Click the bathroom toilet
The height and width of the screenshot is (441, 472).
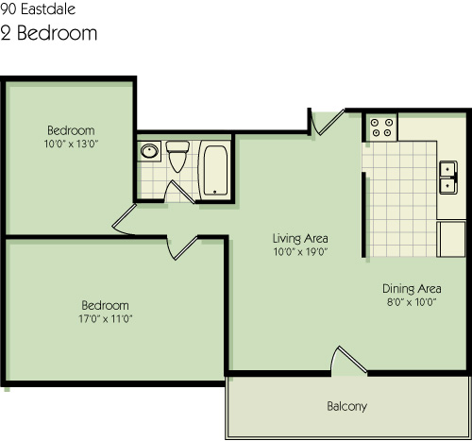coord(177,156)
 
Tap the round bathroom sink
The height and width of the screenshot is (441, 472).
coord(149,151)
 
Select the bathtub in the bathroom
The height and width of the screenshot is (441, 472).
coord(215,170)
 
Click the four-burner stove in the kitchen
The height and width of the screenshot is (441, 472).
coord(381,127)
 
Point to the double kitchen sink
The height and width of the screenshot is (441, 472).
coord(448,178)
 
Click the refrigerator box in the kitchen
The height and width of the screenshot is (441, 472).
coord(451,239)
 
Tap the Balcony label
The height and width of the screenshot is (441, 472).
coord(346,406)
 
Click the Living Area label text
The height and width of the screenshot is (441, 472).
coord(300,239)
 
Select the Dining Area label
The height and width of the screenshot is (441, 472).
coord(412,289)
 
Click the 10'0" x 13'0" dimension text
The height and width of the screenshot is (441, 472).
coord(71,144)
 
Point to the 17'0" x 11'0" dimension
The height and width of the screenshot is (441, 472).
coord(106,319)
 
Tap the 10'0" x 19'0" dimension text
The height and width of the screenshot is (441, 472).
coord(300,252)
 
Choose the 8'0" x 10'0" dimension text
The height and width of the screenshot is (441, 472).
coord(412,302)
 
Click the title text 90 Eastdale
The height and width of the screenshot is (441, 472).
coord(38,9)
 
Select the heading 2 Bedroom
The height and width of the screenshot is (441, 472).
coord(49,33)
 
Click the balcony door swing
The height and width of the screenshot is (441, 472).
coord(347,361)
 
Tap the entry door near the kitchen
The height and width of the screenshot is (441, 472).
coord(328,122)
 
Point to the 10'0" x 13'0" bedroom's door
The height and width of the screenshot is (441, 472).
coord(124,220)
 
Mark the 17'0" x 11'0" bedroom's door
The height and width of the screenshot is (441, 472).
coord(182,248)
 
